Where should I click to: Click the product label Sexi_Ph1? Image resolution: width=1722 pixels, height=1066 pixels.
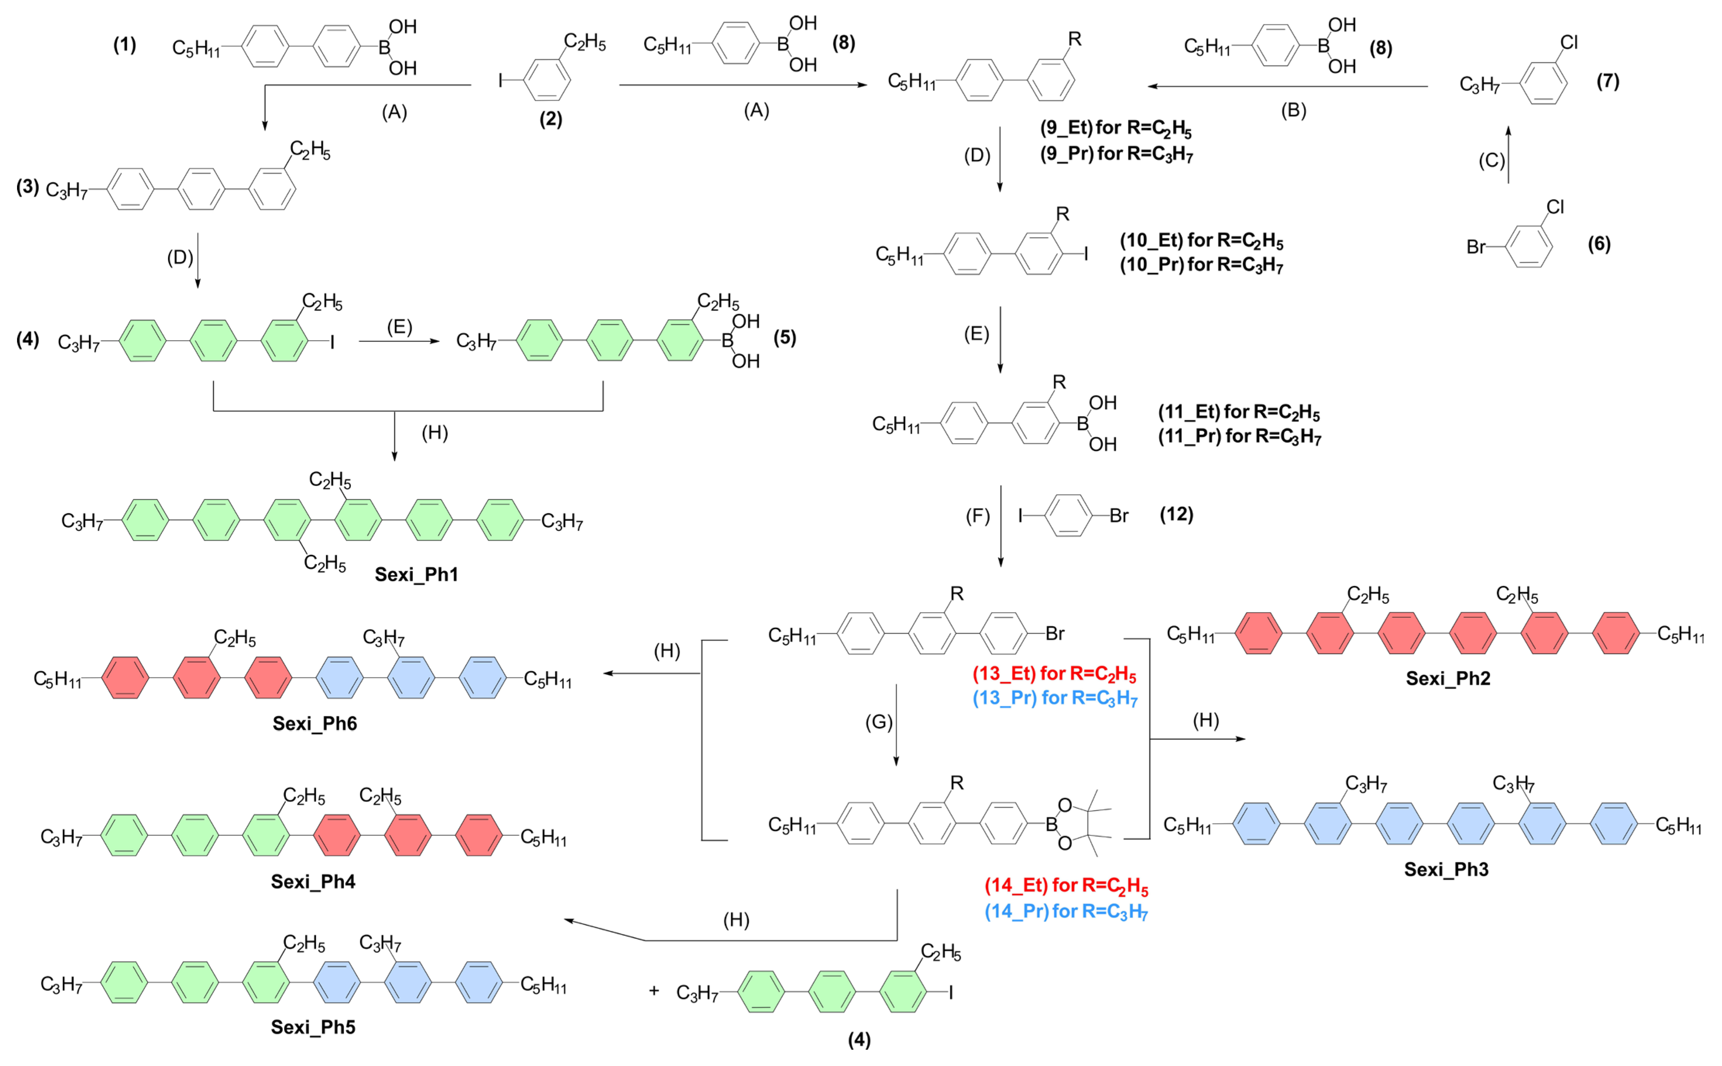point(416,575)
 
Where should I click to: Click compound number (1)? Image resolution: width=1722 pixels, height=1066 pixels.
point(125,45)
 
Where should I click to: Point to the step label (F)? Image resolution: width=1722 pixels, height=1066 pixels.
point(977,517)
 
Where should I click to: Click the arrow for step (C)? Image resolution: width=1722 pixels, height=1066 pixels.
point(1508,155)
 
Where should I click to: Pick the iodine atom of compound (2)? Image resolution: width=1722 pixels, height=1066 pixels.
point(501,81)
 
